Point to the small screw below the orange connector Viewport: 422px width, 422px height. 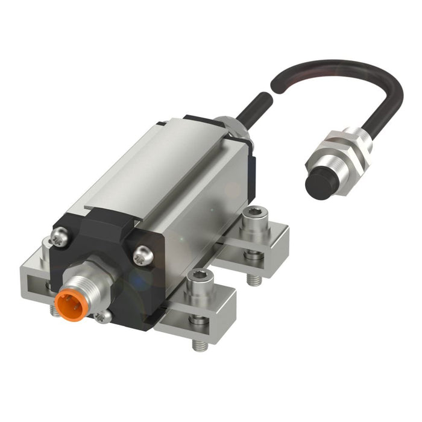pyautogui.click(x=104, y=315)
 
